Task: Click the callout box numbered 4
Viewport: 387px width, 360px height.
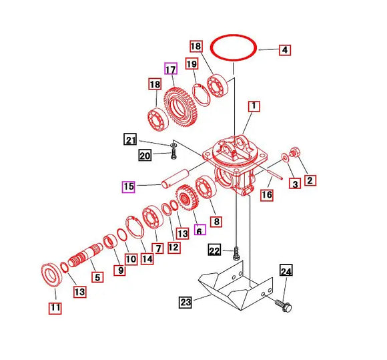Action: click(284, 49)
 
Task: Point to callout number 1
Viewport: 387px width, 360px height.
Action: click(254, 106)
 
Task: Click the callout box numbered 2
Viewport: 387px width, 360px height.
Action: click(310, 180)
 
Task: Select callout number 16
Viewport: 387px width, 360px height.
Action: click(266, 195)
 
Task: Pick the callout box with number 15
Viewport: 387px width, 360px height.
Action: click(127, 186)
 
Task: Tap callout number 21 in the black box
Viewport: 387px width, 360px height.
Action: click(130, 140)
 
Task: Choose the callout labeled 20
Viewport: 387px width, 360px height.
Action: click(145, 156)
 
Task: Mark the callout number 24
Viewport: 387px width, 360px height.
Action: click(286, 272)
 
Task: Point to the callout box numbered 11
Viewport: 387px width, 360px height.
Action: click(54, 308)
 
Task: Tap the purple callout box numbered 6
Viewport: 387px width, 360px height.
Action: click(199, 230)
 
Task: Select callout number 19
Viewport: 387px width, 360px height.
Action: click(191, 64)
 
